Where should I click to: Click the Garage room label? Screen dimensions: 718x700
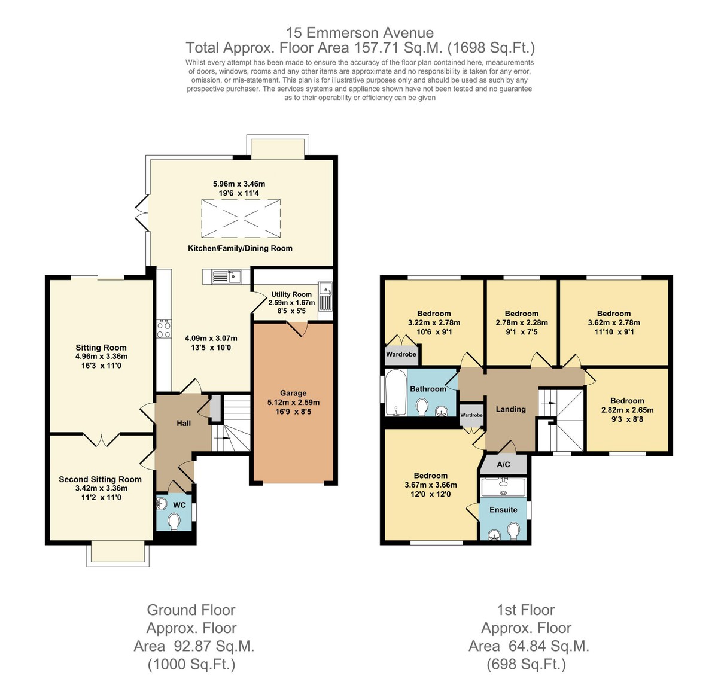(x=293, y=393)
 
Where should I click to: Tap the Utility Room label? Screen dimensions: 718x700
(x=291, y=294)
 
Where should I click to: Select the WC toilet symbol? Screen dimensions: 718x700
(x=174, y=522)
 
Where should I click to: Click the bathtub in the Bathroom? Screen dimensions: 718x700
(x=395, y=392)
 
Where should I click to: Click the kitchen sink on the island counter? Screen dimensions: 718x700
(x=226, y=276)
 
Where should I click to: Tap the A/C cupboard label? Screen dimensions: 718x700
(x=503, y=464)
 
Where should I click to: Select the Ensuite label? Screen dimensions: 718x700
(x=503, y=510)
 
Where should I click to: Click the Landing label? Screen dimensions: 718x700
(x=510, y=409)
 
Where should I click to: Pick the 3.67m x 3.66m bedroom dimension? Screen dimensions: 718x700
(x=431, y=485)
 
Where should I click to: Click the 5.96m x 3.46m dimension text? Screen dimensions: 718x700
(x=239, y=184)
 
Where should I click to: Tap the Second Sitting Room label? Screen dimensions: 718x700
(x=101, y=479)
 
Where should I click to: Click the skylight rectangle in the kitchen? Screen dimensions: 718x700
(x=241, y=218)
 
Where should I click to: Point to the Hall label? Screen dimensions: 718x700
(x=184, y=423)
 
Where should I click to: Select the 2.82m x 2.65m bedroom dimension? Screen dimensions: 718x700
(x=627, y=410)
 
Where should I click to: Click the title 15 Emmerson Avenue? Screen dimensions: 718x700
(x=360, y=33)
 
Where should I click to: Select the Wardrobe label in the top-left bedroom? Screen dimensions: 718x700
(x=401, y=354)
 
